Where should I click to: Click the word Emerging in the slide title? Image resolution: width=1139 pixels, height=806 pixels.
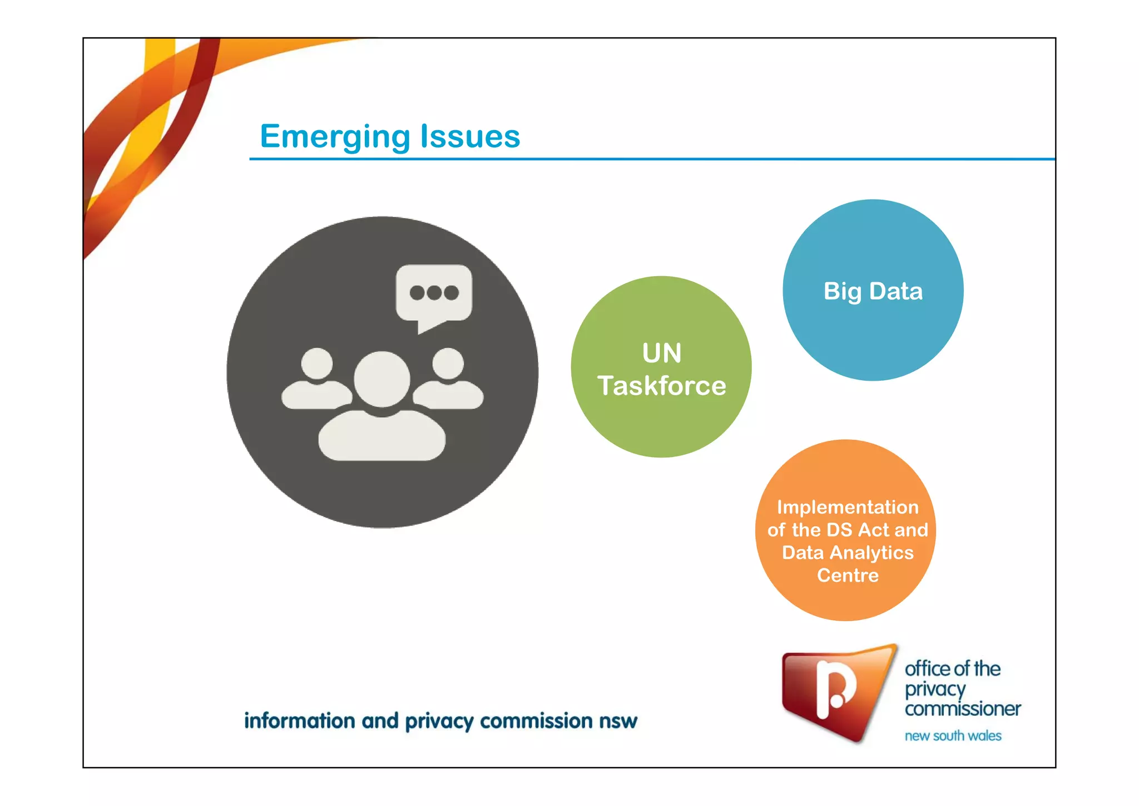(x=334, y=137)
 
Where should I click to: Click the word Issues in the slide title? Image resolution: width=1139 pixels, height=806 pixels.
(x=470, y=137)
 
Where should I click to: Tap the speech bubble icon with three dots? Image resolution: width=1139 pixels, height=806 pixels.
(x=434, y=293)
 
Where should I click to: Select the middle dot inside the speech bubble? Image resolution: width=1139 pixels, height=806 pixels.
(x=434, y=292)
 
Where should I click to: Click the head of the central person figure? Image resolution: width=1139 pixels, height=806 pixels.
(x=382, y=379)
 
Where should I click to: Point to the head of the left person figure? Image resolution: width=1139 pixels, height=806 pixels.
(x=317, y=363)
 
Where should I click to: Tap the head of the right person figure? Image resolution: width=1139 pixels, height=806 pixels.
(x=448, y=363)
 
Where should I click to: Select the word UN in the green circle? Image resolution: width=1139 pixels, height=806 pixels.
(x=661, y=353)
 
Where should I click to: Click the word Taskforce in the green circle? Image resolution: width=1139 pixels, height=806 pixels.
(x=661, y=386)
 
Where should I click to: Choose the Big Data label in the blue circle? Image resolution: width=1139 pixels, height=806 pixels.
(x=873, y=291)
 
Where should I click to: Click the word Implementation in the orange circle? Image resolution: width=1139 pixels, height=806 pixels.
(x=848, y=507)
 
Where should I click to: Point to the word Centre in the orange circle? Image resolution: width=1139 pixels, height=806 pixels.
(x=848, y=575)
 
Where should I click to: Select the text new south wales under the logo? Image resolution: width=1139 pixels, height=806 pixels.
(x=953, y=736)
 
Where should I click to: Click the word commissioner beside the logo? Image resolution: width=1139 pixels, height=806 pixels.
(x=963, y=709)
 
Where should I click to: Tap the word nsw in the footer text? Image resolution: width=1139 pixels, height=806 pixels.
(x=618, y=721)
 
